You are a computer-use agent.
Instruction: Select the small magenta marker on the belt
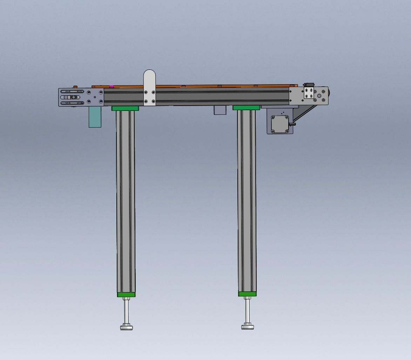(x=112, y=86)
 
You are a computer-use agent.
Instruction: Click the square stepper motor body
(x=280, y=124)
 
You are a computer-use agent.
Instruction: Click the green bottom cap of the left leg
(x=126, y=295)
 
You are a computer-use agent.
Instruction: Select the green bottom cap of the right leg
(x=247, y=294)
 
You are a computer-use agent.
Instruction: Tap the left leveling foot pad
(x=127, y=328)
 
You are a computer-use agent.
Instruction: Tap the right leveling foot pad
(x=248, y=327)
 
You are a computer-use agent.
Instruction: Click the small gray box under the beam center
(x=220, y=110)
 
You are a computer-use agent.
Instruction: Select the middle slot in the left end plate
(x=72, y=97)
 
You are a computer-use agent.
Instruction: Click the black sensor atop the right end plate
(x=309, y=85)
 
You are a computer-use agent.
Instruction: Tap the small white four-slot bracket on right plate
(x=309, y=93)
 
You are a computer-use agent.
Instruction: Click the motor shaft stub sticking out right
(x=293, y=124)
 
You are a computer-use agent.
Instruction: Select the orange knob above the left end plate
(x=75, y=86)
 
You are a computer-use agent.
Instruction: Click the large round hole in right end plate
(x=319, y=95)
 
